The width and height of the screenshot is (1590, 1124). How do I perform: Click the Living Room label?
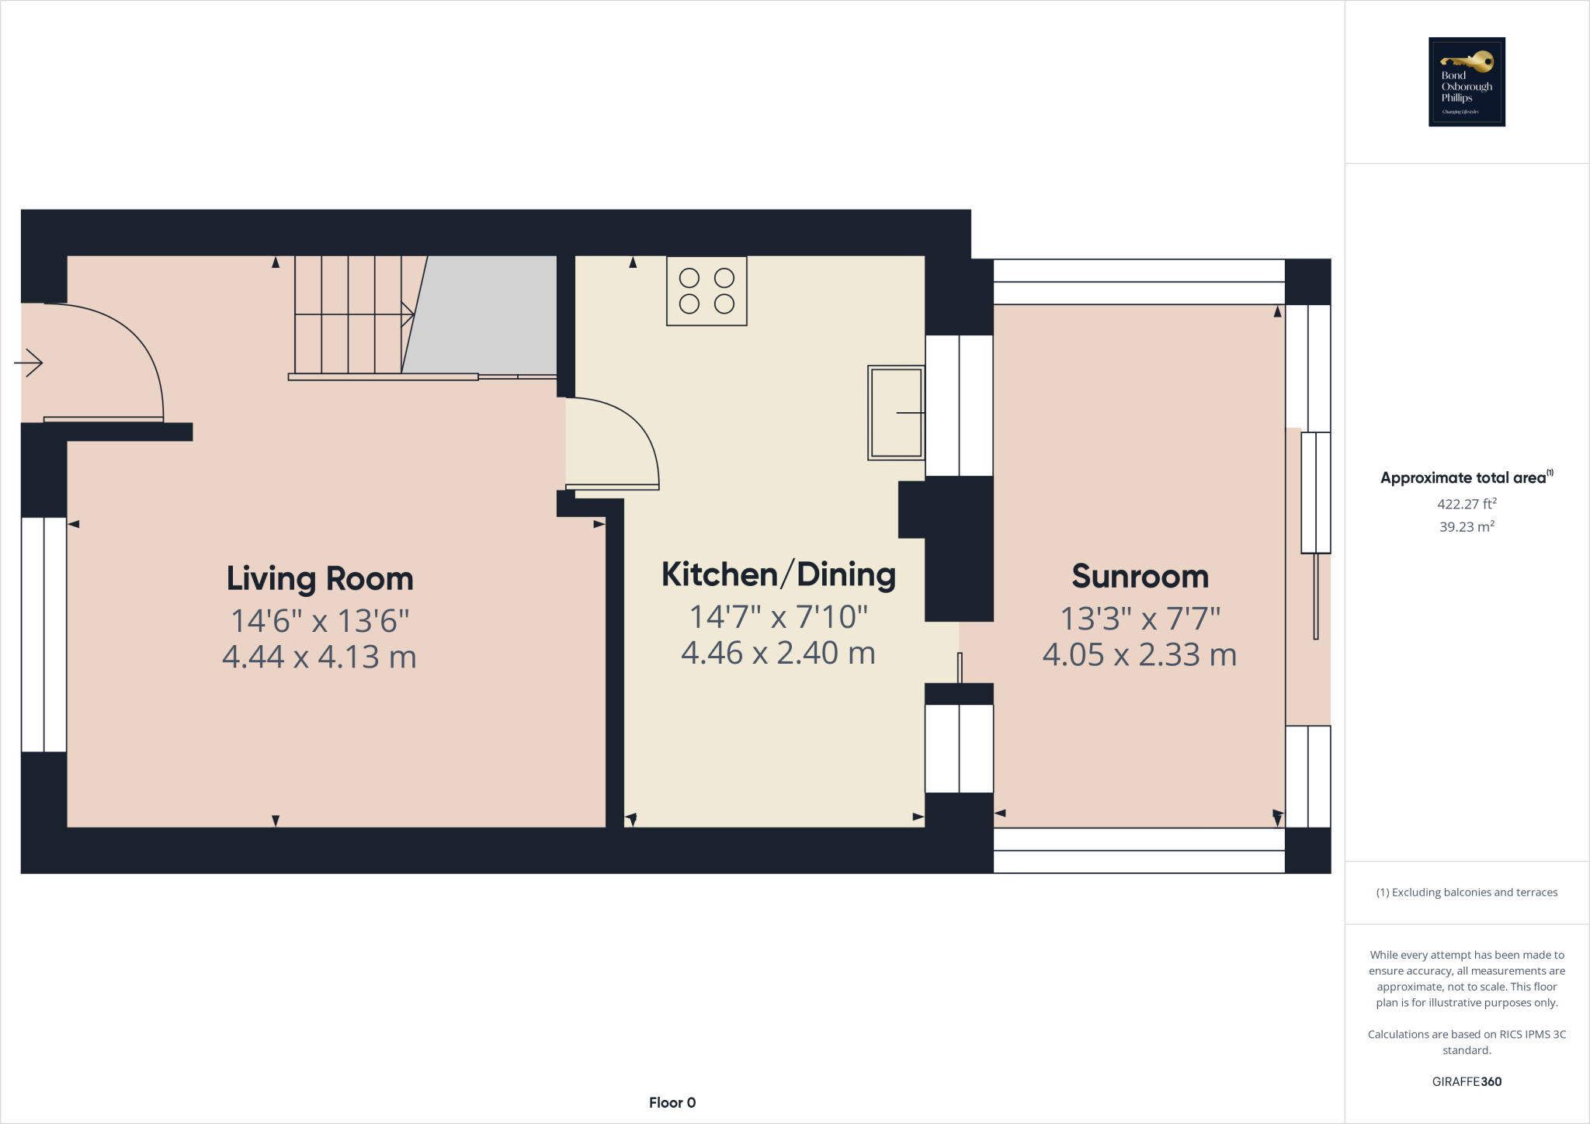[319, 579]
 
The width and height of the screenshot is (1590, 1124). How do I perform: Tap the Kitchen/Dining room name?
[778, 575]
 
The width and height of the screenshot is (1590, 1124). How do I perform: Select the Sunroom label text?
[1140, 577]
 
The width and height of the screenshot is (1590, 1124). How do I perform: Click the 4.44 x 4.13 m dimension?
[319, 657]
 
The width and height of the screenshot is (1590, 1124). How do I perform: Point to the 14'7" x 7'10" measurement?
[778, 617]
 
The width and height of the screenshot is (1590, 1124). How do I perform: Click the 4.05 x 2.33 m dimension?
[1139, 655]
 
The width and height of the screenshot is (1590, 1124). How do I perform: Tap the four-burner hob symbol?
[706, 291]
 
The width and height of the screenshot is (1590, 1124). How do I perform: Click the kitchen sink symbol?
[896, 413]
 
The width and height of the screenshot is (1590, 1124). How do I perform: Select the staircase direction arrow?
[406, 314]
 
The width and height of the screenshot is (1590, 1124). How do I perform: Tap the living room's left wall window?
[43, 634]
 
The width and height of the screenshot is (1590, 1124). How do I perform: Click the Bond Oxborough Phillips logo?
[1467, 82]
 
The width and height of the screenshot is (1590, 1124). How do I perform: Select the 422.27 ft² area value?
[1467, 504]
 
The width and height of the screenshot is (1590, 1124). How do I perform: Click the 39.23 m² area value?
[1467, 526]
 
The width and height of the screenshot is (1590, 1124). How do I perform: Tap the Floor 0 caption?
[672, 1102]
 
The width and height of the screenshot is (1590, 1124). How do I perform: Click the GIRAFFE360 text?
[1467, 1081]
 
